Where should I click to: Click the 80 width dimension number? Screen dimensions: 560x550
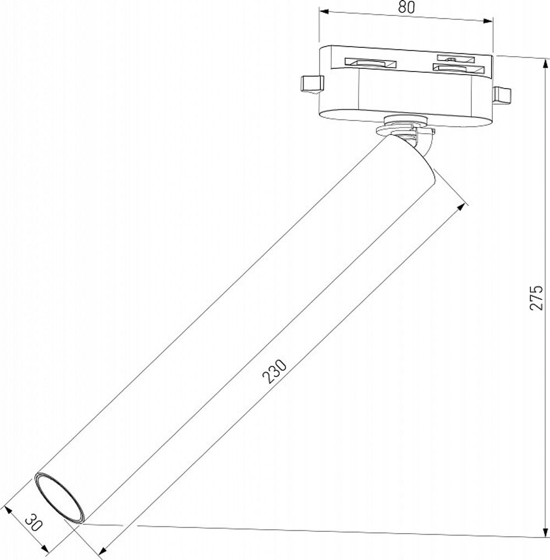click(406, 7)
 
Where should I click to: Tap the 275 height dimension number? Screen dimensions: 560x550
click(536, 297)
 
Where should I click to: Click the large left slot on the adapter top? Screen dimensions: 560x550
click(370, 63)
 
